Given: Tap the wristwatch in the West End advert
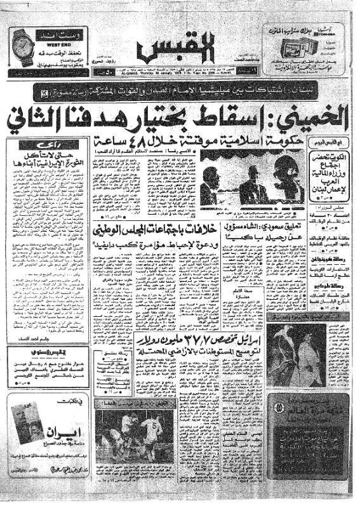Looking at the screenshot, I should [x=22, y=45].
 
